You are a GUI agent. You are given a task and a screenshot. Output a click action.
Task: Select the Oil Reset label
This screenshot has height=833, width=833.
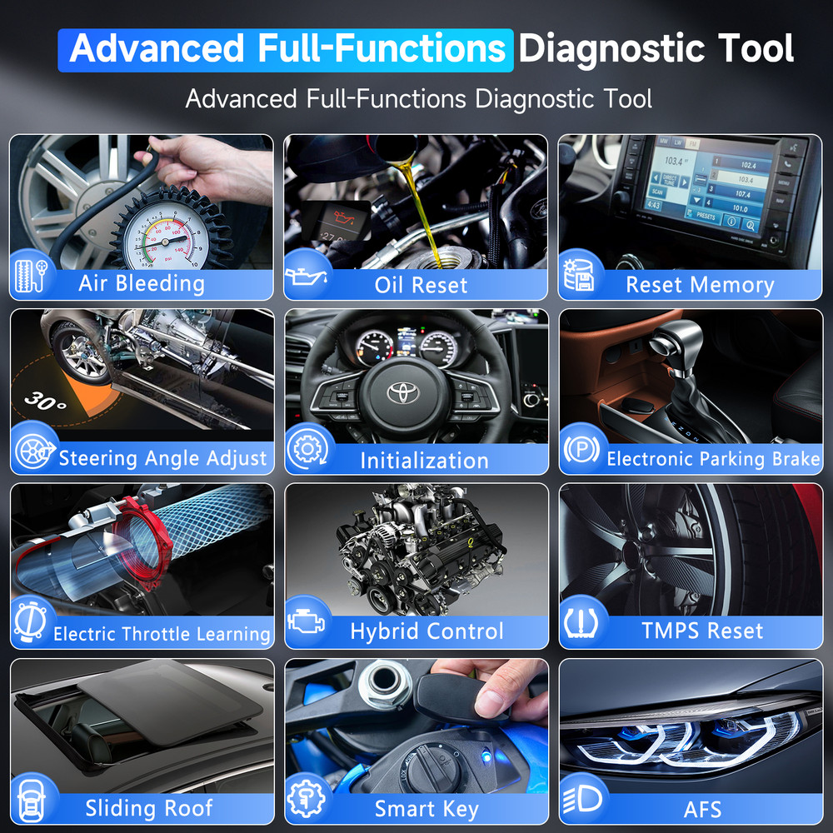point(421,285)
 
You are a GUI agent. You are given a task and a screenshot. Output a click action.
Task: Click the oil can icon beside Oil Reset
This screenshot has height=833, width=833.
point(307,277)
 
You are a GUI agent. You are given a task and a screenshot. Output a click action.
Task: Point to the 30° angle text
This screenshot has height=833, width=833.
point(45,401)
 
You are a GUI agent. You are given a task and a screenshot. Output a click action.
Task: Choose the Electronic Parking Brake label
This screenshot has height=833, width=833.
point(713,459)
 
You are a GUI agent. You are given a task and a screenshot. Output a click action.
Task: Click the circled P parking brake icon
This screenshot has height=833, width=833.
point(581,451)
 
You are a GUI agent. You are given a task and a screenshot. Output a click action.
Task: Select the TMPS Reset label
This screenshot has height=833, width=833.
point(701,631)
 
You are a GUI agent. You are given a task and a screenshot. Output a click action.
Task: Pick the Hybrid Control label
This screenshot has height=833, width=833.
point(426,632)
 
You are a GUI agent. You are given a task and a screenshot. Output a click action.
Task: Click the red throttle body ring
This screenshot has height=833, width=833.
point(150,541)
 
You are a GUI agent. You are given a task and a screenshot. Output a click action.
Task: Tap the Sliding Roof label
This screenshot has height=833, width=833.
point(149,807)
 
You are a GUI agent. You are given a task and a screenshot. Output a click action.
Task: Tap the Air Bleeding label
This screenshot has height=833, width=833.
point(142,283)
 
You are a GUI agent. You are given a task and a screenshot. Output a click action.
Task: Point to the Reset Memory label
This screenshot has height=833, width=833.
point(700,285)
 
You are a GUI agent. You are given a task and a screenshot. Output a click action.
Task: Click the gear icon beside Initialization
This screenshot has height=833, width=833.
point(306,451)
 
